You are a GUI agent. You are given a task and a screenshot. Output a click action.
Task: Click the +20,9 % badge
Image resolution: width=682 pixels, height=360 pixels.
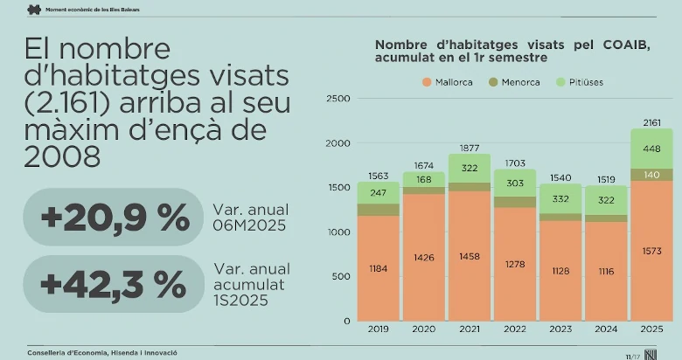pos(114,217)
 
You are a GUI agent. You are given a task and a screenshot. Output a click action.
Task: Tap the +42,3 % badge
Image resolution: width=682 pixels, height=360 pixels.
pos(114,284)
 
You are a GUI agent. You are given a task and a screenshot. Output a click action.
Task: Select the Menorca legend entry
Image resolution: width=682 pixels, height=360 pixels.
pos(513,82)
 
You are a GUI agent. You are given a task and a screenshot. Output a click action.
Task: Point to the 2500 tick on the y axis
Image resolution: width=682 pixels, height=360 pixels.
pos(338,99)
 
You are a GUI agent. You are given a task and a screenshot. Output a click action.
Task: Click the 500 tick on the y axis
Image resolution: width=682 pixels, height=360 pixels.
pos(341,276)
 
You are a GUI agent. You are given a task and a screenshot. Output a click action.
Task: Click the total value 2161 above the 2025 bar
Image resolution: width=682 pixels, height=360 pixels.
pos(651,122)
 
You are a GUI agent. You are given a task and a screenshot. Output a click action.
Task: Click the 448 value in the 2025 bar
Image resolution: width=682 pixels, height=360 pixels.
pos(651,149)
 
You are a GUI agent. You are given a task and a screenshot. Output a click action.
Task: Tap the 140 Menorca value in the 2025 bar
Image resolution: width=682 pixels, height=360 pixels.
pos(651,175)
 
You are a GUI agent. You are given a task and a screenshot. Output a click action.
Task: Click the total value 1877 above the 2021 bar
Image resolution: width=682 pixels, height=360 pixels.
pos(470,147)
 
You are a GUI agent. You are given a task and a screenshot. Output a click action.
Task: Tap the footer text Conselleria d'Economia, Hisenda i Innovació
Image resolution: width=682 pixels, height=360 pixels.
pos(102,352)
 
